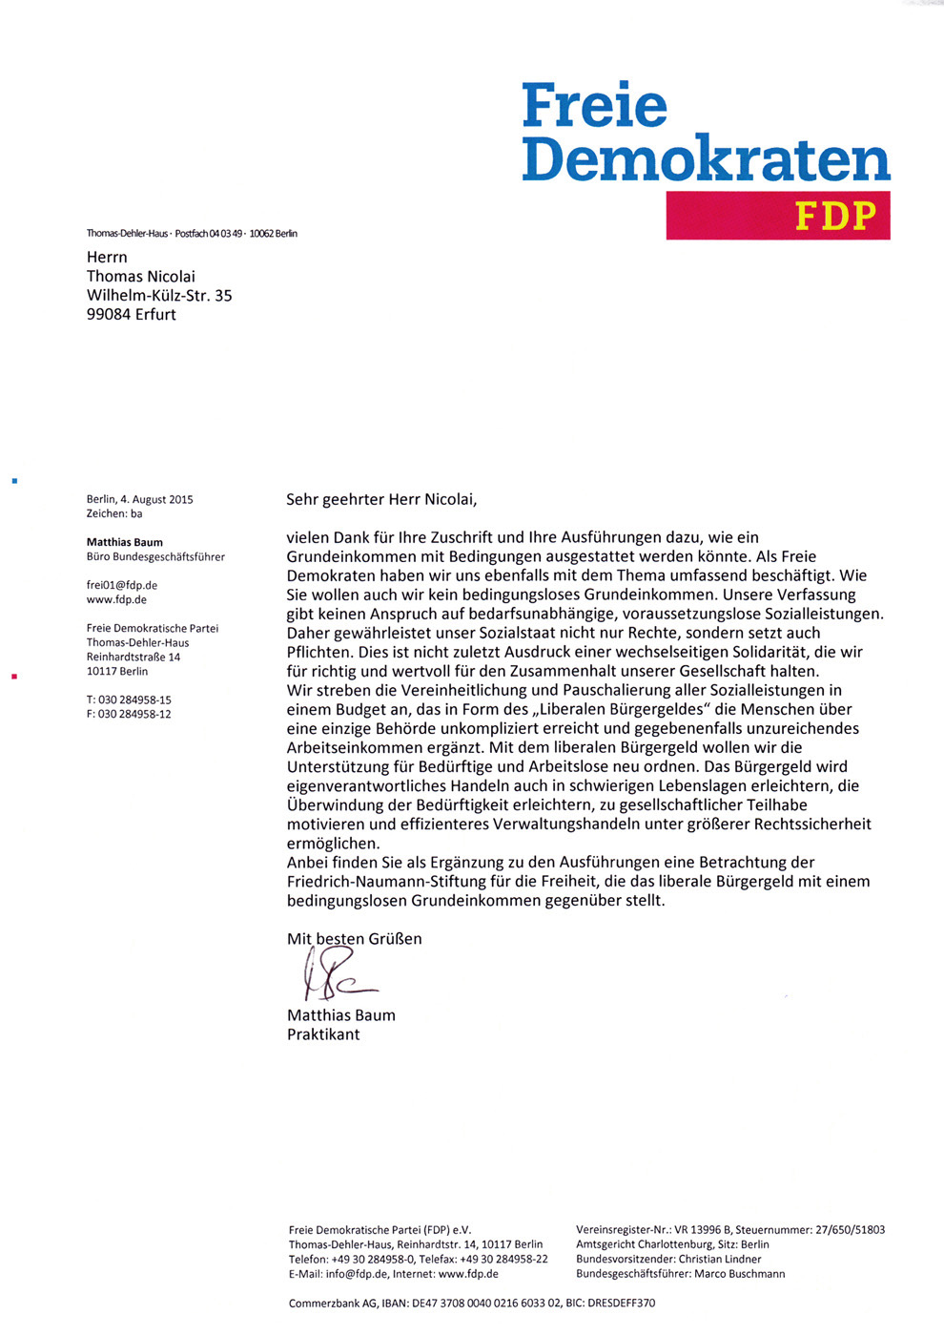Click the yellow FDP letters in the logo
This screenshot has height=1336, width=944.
point(835,217)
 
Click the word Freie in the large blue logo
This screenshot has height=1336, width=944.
point(594,106)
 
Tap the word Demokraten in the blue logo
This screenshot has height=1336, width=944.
point(706,159)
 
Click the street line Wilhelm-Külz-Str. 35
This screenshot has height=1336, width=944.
point(159,296)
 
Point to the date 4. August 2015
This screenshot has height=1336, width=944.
point(156,499)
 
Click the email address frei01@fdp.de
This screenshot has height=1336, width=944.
point(122,585)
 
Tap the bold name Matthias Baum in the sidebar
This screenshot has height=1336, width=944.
point(125,542)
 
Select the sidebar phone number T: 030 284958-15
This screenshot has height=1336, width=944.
point(129,699)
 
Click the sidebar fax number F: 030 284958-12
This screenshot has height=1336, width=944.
point(129,714)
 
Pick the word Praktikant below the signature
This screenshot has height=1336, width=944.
point(323,1034)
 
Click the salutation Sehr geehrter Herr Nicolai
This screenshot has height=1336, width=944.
point(381,499)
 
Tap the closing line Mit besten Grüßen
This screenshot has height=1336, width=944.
point(354,939)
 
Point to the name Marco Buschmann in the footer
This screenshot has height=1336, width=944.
point(739,1274)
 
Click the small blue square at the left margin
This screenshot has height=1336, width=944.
point(14,481)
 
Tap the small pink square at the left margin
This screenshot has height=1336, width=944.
point(14,677)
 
